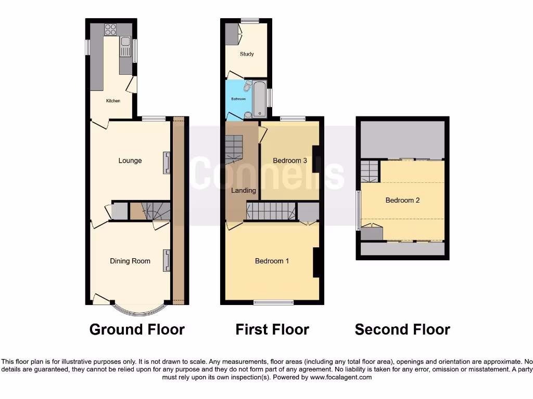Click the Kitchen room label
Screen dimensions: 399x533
tap(113, 101)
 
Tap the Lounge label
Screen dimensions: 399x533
tap(130, 161)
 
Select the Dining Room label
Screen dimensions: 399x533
tap(130, 261)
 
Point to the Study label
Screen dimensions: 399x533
tap(247, 54)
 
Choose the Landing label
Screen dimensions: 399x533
tap(244, 191)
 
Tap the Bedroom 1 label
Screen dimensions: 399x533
tap(272, 261)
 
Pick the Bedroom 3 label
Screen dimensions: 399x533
tap(290, 161)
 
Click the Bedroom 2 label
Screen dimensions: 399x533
tap(402, 200)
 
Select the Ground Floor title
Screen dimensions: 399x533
tap(137, 329)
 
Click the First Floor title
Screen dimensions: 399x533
tap(272, 329)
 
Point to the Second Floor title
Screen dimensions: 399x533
tap(402, 329)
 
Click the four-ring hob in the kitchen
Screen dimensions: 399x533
tap(111, 30)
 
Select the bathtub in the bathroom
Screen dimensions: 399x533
tap(260, 99)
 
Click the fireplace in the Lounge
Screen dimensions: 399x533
tap(166, 162)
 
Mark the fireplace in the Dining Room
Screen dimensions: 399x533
tap(166, 260)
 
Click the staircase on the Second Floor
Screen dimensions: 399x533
tap(369, 170)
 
